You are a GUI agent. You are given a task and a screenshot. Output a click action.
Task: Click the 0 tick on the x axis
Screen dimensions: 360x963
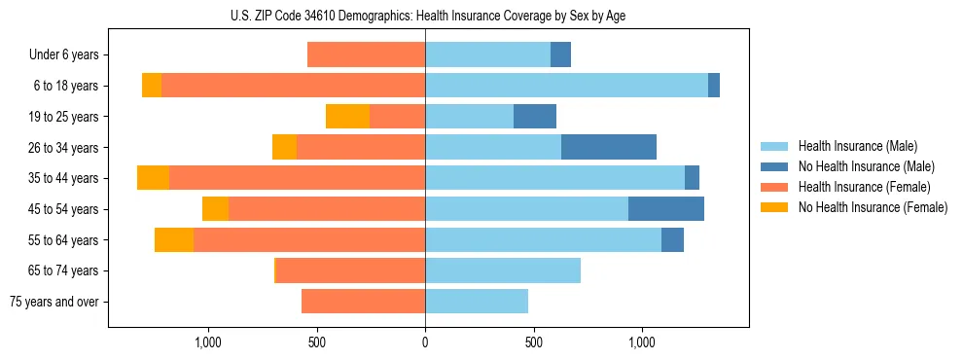tap(425, 342)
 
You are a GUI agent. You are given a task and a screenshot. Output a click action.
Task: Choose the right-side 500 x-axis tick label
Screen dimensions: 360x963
tap(533, 342)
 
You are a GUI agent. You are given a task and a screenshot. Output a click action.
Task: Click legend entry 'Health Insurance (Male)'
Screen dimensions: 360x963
tap(857, 146)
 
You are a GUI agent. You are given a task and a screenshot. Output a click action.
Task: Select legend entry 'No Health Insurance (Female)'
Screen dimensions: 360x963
tap(873, 207)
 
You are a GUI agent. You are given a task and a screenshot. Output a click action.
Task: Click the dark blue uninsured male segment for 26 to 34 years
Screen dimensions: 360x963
tap(609, 147)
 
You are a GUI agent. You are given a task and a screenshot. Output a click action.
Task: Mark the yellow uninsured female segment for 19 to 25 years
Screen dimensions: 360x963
tap(347, 117)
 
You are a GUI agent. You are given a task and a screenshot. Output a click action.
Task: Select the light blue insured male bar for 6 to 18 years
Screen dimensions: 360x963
tap(566, 86)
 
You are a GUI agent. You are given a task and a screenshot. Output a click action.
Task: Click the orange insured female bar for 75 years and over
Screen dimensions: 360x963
tap(363, 302)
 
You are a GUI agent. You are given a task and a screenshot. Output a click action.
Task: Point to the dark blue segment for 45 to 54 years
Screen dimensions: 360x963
tap(666, 209)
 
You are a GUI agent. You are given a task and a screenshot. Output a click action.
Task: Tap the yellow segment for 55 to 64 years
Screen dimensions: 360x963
tap(174, 239)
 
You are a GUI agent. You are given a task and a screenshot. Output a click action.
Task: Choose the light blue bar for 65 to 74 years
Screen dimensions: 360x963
tap(503, 270)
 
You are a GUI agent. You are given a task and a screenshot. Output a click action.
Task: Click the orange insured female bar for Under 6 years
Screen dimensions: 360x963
tap(366, 55)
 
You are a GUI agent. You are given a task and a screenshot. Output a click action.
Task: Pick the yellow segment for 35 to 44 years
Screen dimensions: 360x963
tap(153, 178)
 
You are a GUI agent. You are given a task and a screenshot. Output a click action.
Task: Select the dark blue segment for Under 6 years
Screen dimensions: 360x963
tap(560, 55)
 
